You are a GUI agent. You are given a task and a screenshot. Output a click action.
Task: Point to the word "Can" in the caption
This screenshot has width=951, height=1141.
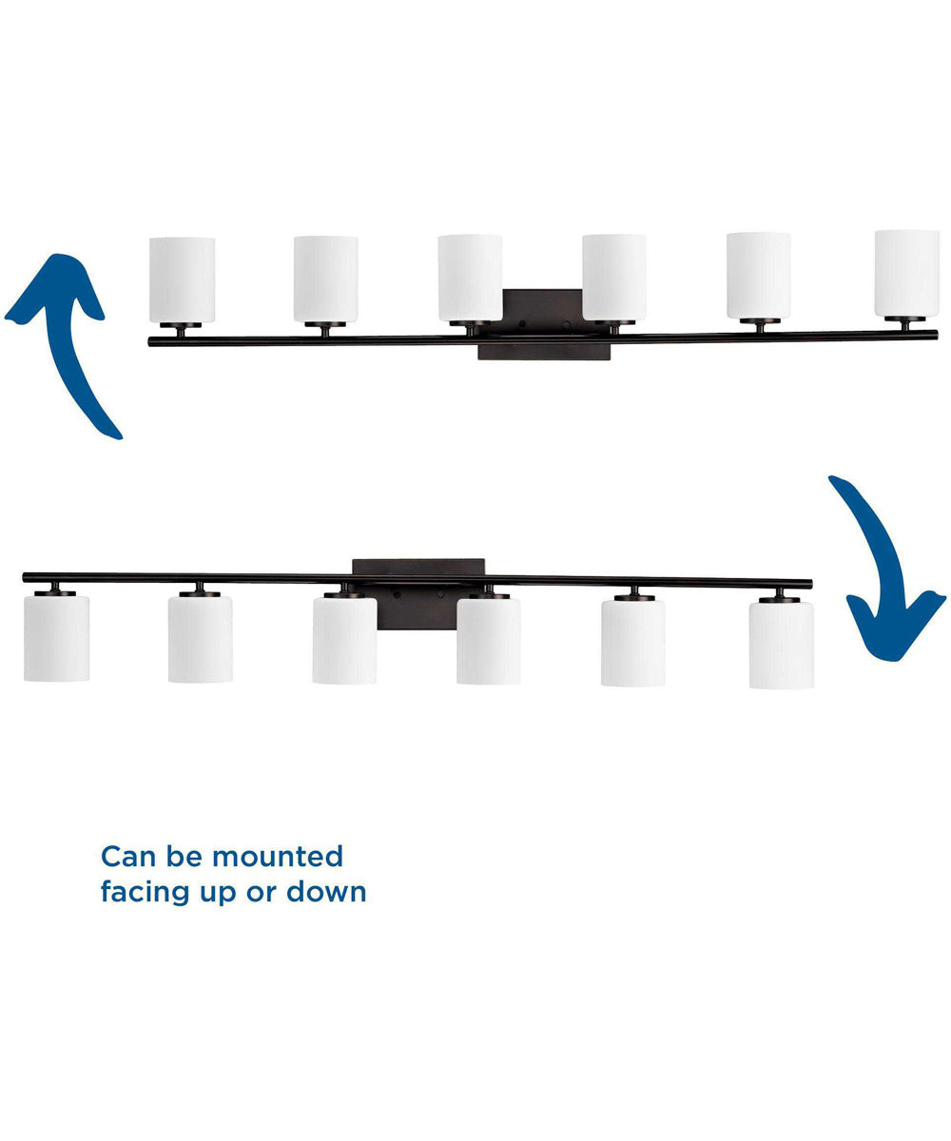126,856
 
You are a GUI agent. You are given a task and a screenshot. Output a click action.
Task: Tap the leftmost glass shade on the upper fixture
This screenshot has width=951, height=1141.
182,280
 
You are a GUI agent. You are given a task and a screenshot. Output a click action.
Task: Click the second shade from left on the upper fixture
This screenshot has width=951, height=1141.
325,279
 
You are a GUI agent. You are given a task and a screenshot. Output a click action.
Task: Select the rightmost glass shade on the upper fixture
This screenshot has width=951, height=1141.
906,273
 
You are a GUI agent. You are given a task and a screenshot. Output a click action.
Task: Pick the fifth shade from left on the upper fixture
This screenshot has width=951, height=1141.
758,276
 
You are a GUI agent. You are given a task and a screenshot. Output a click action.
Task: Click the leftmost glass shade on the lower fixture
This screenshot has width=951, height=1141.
56,638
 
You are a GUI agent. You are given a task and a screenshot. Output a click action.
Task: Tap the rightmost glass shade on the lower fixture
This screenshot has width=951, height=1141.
781,645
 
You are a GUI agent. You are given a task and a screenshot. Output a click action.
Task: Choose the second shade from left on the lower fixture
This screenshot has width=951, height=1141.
200,639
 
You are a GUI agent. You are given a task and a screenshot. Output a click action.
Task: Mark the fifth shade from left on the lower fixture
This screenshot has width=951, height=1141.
632,642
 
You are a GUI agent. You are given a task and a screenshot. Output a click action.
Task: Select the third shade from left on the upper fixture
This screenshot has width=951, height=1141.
470,278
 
